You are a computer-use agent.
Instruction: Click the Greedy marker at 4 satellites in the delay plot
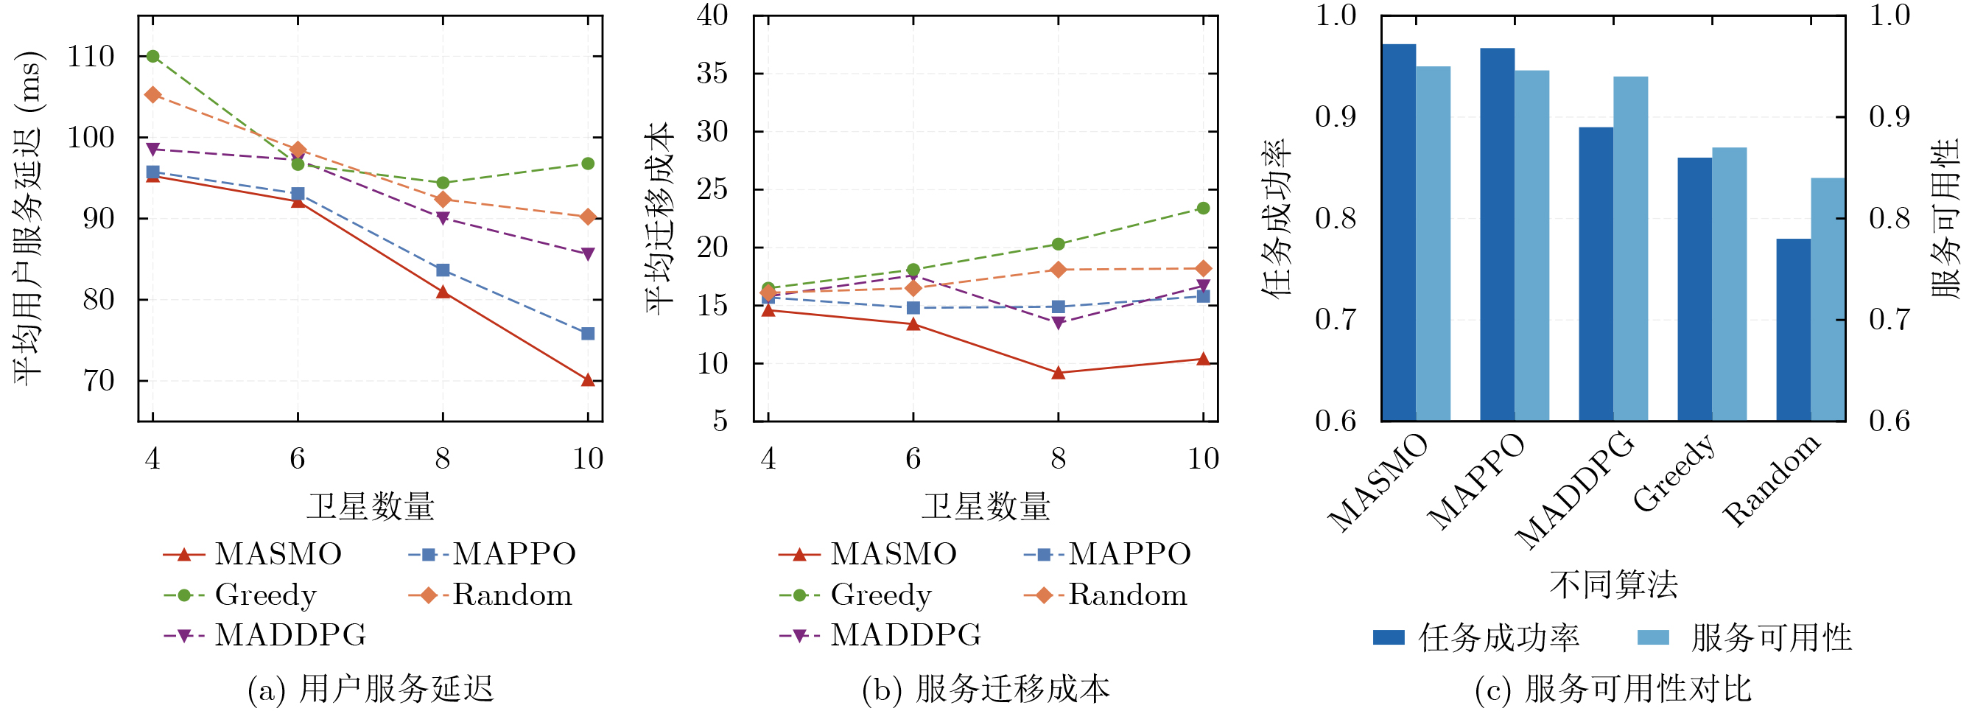[x=152, y=56]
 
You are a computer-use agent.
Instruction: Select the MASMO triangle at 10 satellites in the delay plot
[x=588, y=379]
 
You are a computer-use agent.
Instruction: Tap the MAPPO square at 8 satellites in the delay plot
[x=443, y=270]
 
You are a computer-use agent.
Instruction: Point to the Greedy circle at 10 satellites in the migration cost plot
[x=1203, y=209]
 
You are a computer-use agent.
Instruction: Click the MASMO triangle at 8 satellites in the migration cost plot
[x=1058, y=373]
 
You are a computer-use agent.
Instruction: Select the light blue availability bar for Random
[x=1828, y=298]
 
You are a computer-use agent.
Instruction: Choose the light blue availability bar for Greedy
[x=1730, y=283]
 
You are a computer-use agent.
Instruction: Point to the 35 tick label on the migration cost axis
[x=712, y=74]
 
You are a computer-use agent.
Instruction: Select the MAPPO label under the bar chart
[x=1476, y=482]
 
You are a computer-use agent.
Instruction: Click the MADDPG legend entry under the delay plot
[x=290, y=635]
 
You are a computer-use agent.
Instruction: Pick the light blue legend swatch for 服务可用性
[x=1653, y=637]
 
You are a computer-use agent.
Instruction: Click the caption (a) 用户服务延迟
[x=371, y=689]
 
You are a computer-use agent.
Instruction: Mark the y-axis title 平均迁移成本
[x=659, y=218]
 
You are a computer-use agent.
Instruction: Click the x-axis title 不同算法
[x=1614, y=586]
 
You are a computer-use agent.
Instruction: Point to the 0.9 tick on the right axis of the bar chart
[x=1889, y=117]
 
